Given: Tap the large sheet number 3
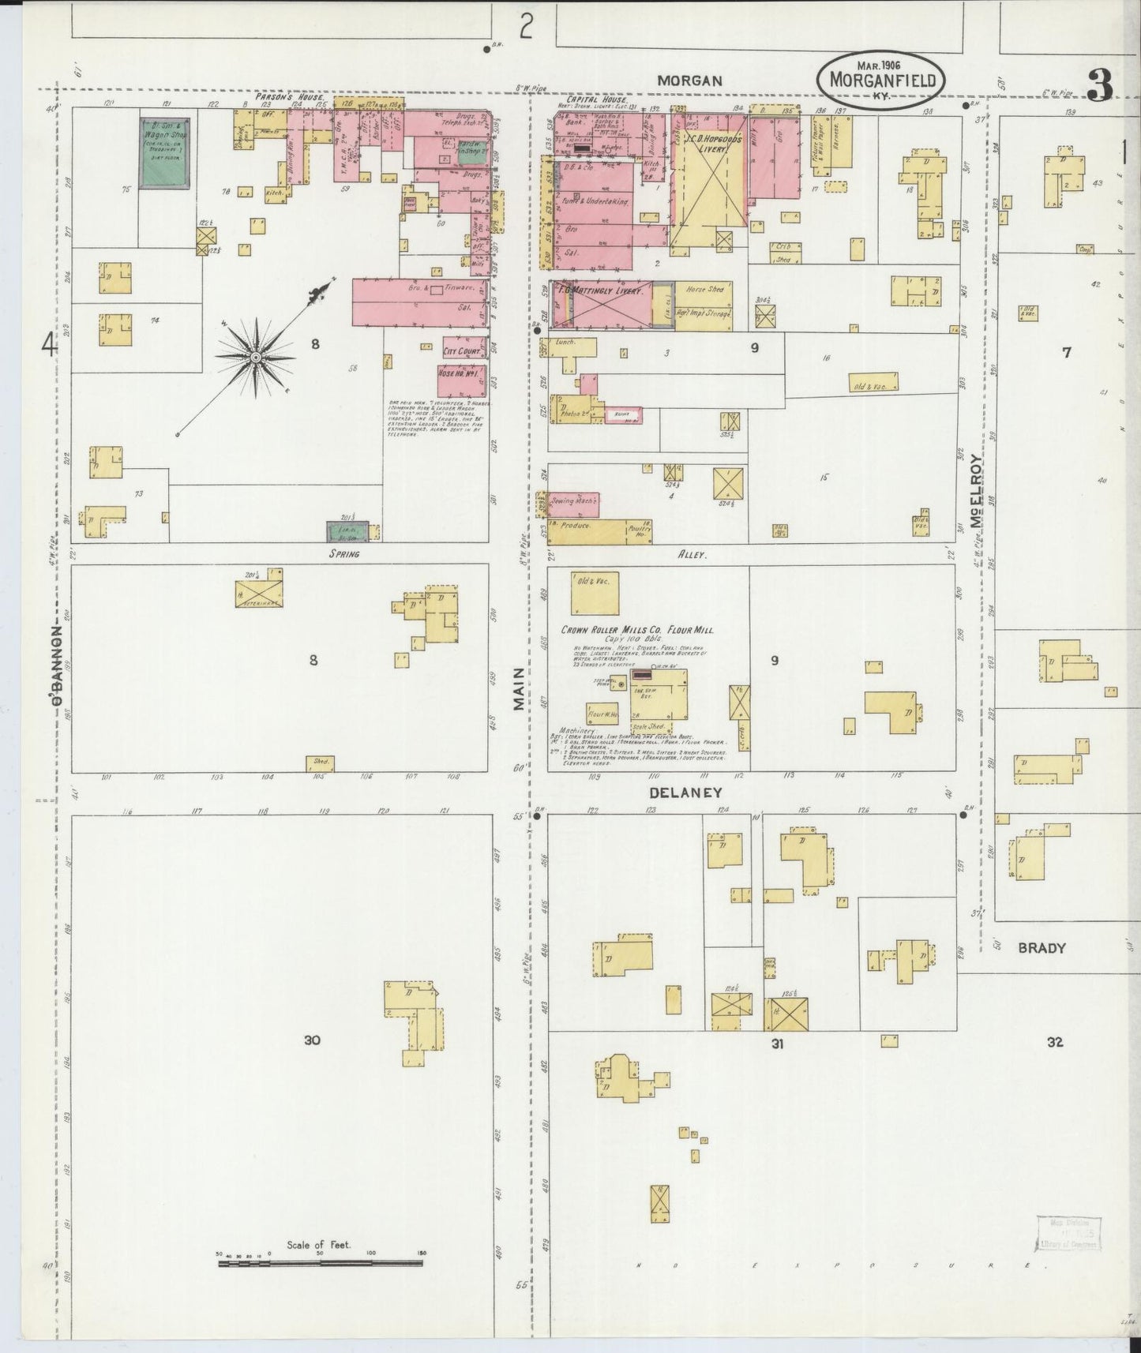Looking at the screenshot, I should [x=1099, y=85].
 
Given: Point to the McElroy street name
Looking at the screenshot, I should [x=977, y=490].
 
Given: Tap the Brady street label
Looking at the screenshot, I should [x=1042, y=948].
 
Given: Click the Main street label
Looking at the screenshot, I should [x=518, y=689].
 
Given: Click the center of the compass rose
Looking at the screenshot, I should [x=256, y=358].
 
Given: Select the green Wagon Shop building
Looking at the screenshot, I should [x=163, y=152].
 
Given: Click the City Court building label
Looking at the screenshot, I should [x=462, y=351].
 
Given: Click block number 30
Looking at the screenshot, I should [x=312, y=1040].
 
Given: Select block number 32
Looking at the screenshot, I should [x=1054, y=1042].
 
